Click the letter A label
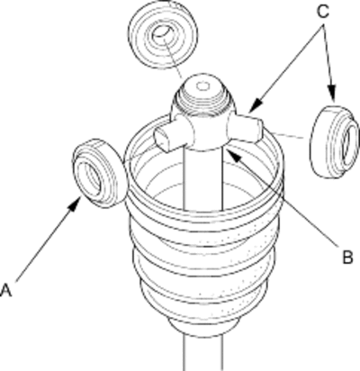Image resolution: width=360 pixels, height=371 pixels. [6, 290]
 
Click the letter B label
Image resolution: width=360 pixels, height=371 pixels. [347, 257]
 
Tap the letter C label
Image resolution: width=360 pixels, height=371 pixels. [323, 12]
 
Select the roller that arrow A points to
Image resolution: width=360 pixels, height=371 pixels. [99, 173]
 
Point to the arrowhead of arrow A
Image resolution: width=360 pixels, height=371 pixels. [75, 204]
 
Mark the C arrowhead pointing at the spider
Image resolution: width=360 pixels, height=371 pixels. [256, 107]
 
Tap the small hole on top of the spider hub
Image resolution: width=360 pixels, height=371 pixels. [203, 86]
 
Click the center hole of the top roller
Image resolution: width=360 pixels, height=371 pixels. [163, 32]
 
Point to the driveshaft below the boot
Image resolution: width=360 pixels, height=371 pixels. [203, 353]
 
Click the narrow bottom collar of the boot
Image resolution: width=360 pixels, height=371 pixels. [203, 327]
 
